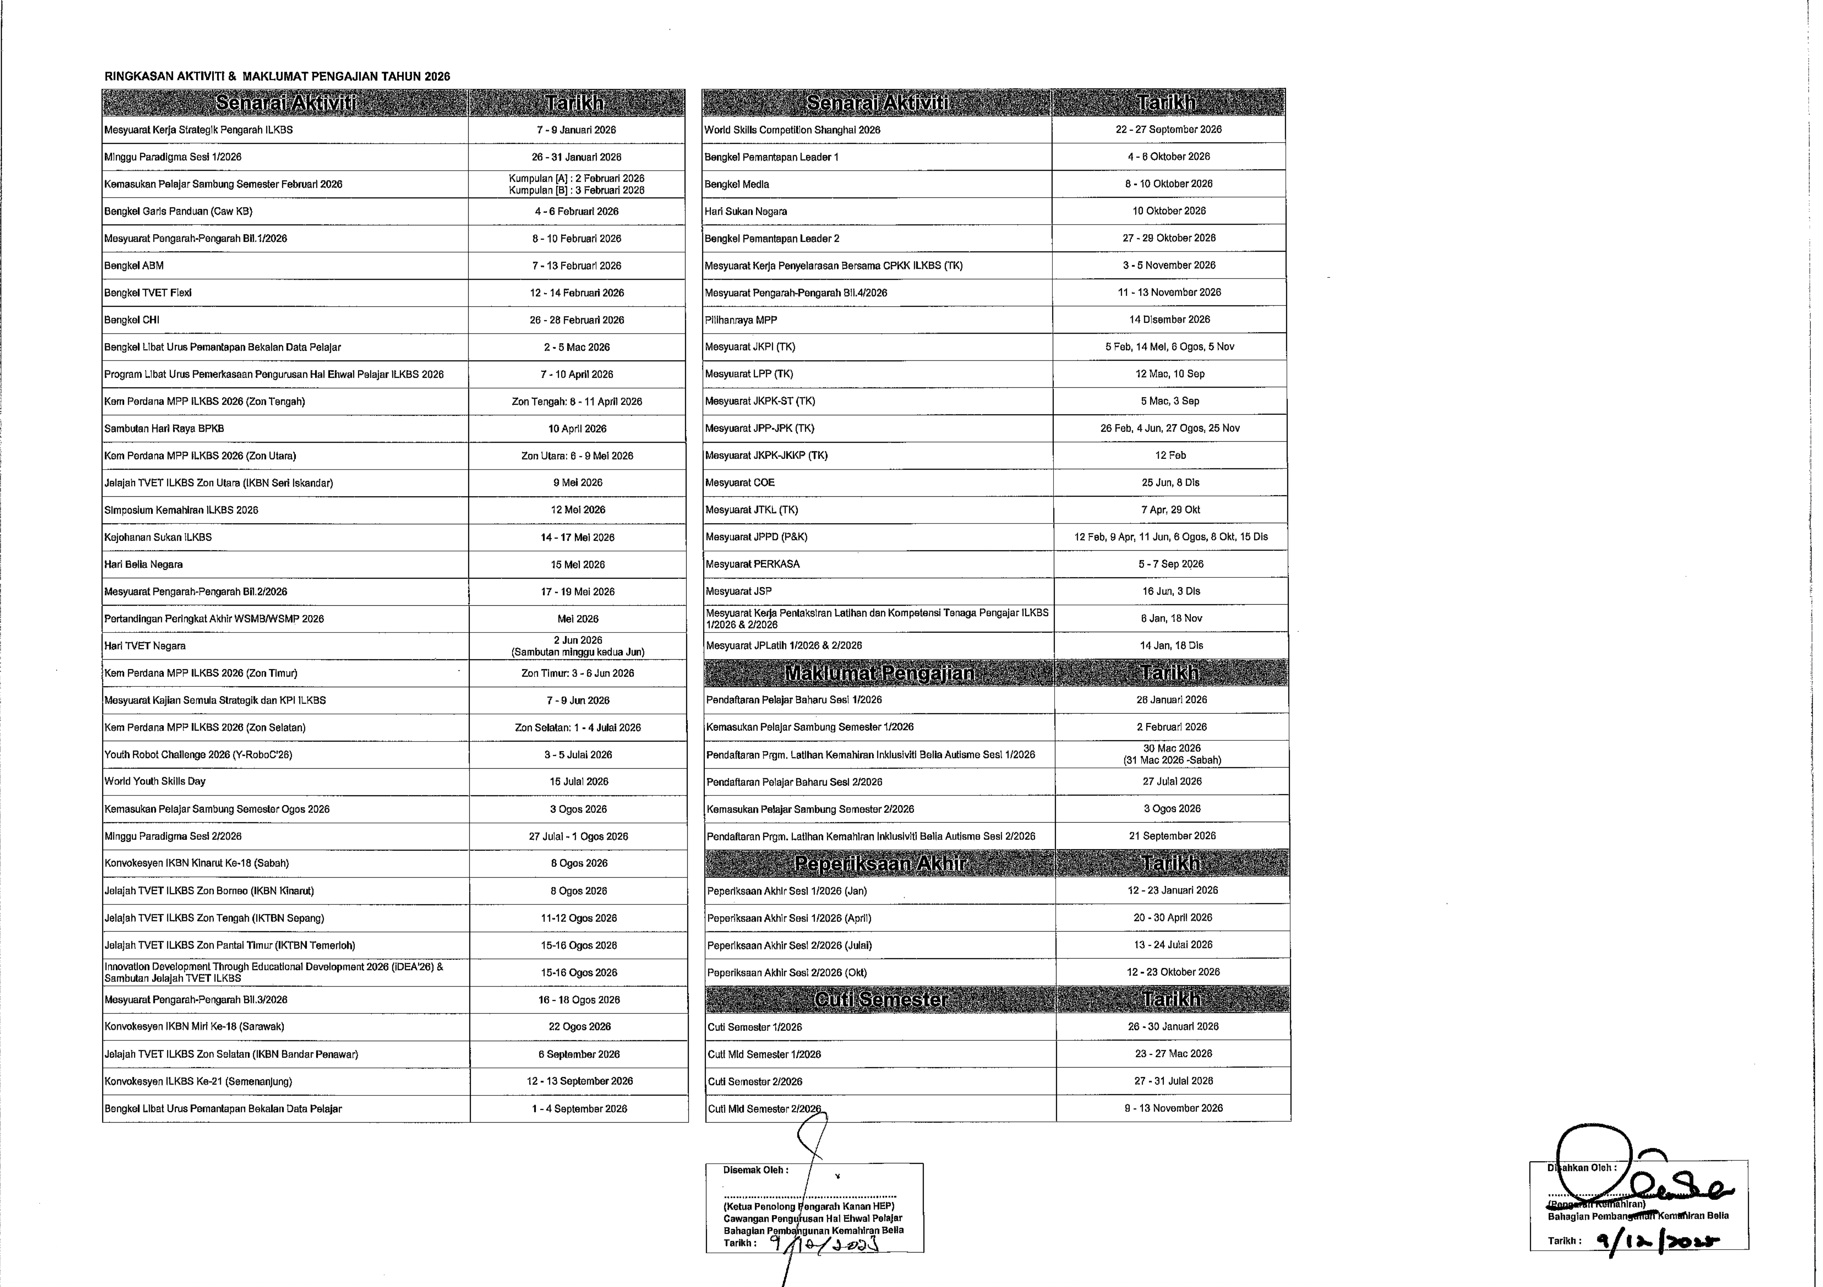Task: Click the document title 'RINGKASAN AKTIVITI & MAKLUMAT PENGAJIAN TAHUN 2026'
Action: click(x=277, y=77)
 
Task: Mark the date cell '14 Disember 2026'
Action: click(x=1169, y=319)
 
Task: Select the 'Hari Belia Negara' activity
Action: click(x=144, y=565)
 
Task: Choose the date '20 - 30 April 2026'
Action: click(x=1173, y=918)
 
